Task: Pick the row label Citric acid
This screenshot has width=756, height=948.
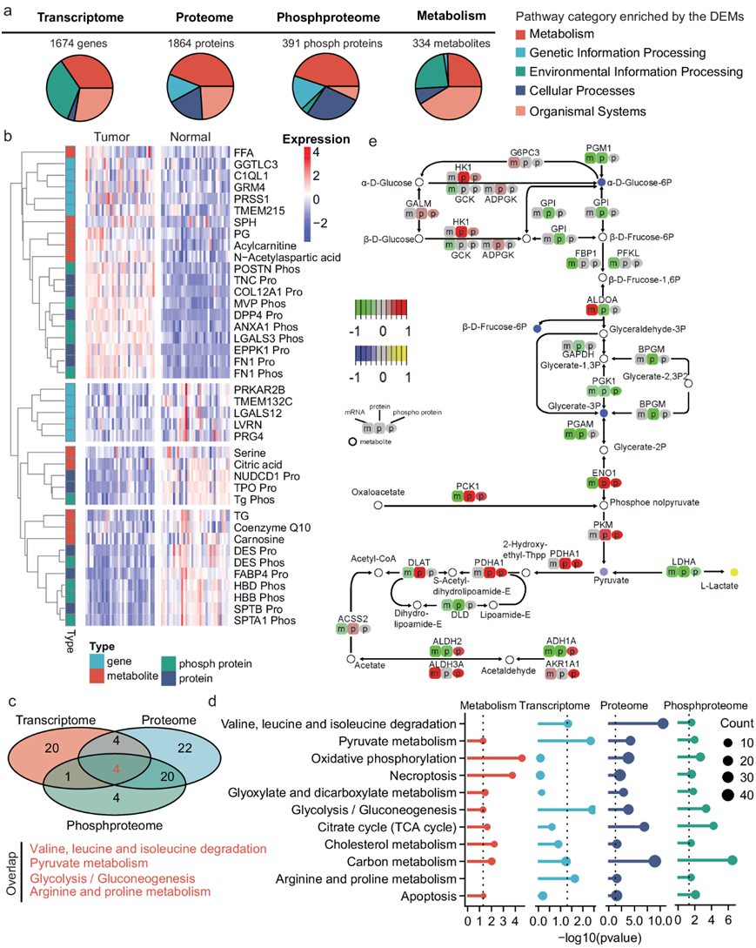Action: click(x=254, y=465)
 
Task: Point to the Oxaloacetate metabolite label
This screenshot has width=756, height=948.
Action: click(x=378, y=492)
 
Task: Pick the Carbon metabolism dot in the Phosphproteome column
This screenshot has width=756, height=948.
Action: click(x=732, y=860)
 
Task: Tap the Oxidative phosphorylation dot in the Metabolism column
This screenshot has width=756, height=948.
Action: click(x=522, y=758)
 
